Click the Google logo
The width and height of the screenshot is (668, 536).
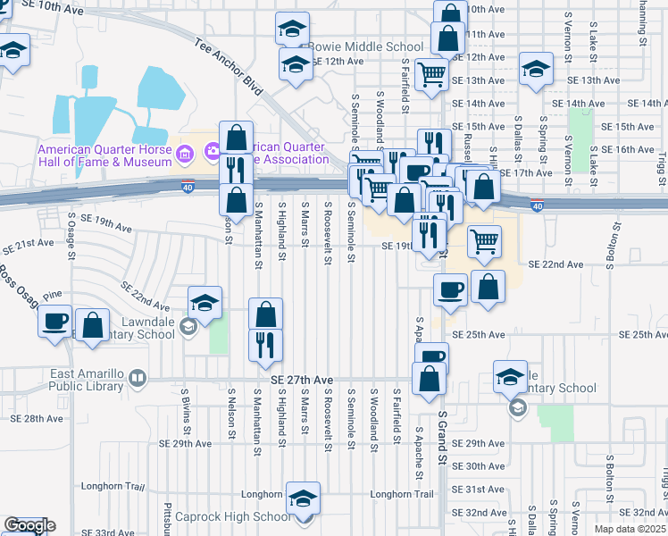click(x=29, y=525)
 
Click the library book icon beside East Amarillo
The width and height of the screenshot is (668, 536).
click(x=137, y=378)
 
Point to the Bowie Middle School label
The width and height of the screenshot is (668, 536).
click(x=365, y=46)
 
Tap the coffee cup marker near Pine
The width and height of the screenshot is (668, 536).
click(x=54, y=321)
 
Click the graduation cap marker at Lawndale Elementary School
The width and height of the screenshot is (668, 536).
click(x=205, y=302)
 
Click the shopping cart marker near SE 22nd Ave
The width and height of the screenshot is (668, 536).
click(x=484, y=240)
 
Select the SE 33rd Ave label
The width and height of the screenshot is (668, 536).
click(x=113, y=532)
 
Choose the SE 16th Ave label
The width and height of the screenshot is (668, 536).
click(x=630, y=149)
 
